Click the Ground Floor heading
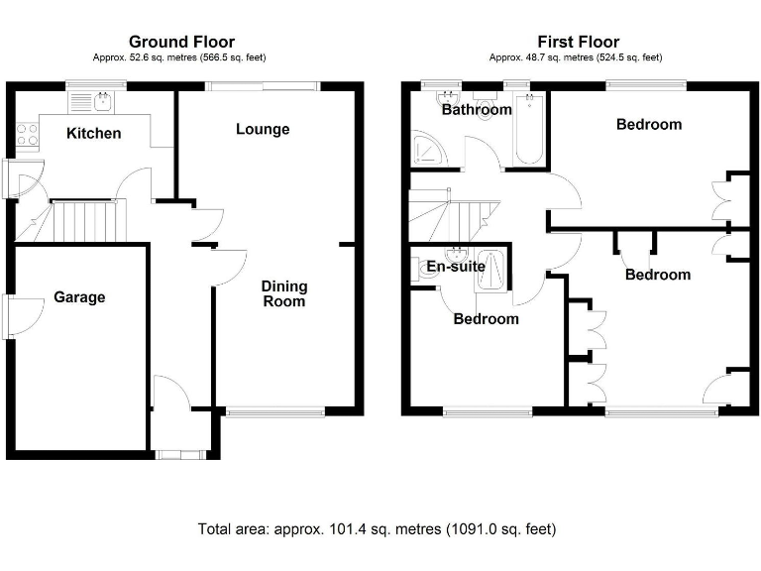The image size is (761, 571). point(182,42)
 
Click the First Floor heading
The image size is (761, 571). point(579,42)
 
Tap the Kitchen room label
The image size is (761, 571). point(94,133)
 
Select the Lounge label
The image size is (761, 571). point(263,129)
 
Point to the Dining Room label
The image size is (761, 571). point(284,293)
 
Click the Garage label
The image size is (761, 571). point(79,296)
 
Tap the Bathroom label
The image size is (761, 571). point(477,110)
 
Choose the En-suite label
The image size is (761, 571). point(455,267)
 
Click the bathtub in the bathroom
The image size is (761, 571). point(528,129)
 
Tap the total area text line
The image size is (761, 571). point(383,528)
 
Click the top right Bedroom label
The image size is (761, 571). point(649,124)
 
